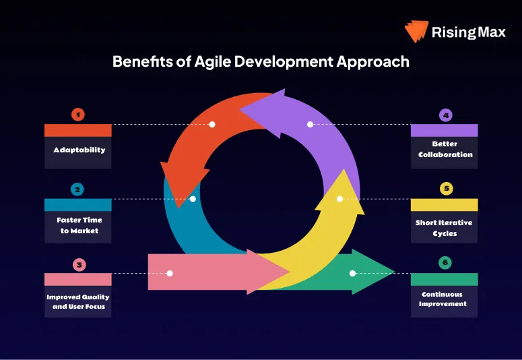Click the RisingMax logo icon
coord(416,32)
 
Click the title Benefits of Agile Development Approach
coord(261,62)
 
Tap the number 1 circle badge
coord(78,115)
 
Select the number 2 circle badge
coord(78,189)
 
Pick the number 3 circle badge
coord(78,264)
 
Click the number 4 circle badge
coord(445,115)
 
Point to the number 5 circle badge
coord(445,189)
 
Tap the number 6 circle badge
coord(445,263)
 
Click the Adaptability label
coord(78,150)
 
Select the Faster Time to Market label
coord(78,225)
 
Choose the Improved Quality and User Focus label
coord(78,301)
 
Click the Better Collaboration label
coord(445,149)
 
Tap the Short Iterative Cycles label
coord(445,228)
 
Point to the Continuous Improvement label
coord(445,299)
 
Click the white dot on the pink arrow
coord(170,273)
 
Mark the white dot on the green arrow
coord(353,273)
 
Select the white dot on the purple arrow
coord(310,124)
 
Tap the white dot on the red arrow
coord(212,124)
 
